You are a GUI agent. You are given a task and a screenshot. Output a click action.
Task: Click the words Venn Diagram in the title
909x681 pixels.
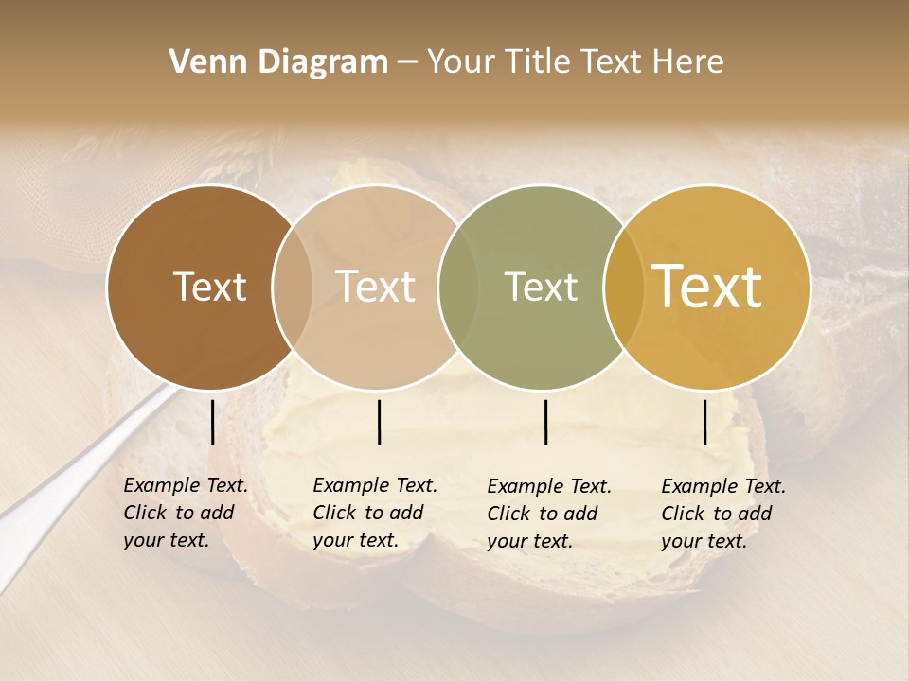(x=278, y=62)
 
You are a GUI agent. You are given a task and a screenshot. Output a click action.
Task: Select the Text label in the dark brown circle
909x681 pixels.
(x=209, y=288)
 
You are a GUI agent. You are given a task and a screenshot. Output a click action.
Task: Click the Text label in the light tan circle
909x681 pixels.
(x=376, y=288)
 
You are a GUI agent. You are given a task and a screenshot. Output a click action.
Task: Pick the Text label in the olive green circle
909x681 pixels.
(x=541, y=288)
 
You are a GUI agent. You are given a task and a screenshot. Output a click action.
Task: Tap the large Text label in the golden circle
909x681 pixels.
(x=707, y=287)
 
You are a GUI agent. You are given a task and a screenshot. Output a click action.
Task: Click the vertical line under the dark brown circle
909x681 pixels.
(x=213, y=422)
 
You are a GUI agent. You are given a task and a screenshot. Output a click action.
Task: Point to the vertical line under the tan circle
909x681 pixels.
(x=379, y=422)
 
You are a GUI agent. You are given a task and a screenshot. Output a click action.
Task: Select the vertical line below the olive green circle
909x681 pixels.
(x=545, y=422)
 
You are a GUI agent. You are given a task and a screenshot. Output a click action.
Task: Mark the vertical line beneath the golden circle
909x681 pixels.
(x=705, y=422)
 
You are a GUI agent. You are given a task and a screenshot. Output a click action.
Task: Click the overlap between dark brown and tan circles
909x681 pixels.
(x=293, y=287)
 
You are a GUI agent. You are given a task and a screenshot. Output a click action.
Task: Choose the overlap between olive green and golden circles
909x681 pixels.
(x=623, y=287)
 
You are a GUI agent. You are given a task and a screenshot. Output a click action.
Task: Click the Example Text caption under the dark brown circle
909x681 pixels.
(x=185, y=513)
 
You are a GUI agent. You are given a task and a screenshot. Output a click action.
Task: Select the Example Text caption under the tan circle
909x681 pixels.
(x=374, y=513)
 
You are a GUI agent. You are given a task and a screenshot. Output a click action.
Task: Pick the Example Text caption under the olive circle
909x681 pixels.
(x=548, y=514)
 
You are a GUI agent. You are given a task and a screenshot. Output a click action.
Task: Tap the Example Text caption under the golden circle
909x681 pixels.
(x=722, y=514)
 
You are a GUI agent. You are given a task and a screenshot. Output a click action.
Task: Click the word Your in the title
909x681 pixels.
(x=462, y=62)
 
